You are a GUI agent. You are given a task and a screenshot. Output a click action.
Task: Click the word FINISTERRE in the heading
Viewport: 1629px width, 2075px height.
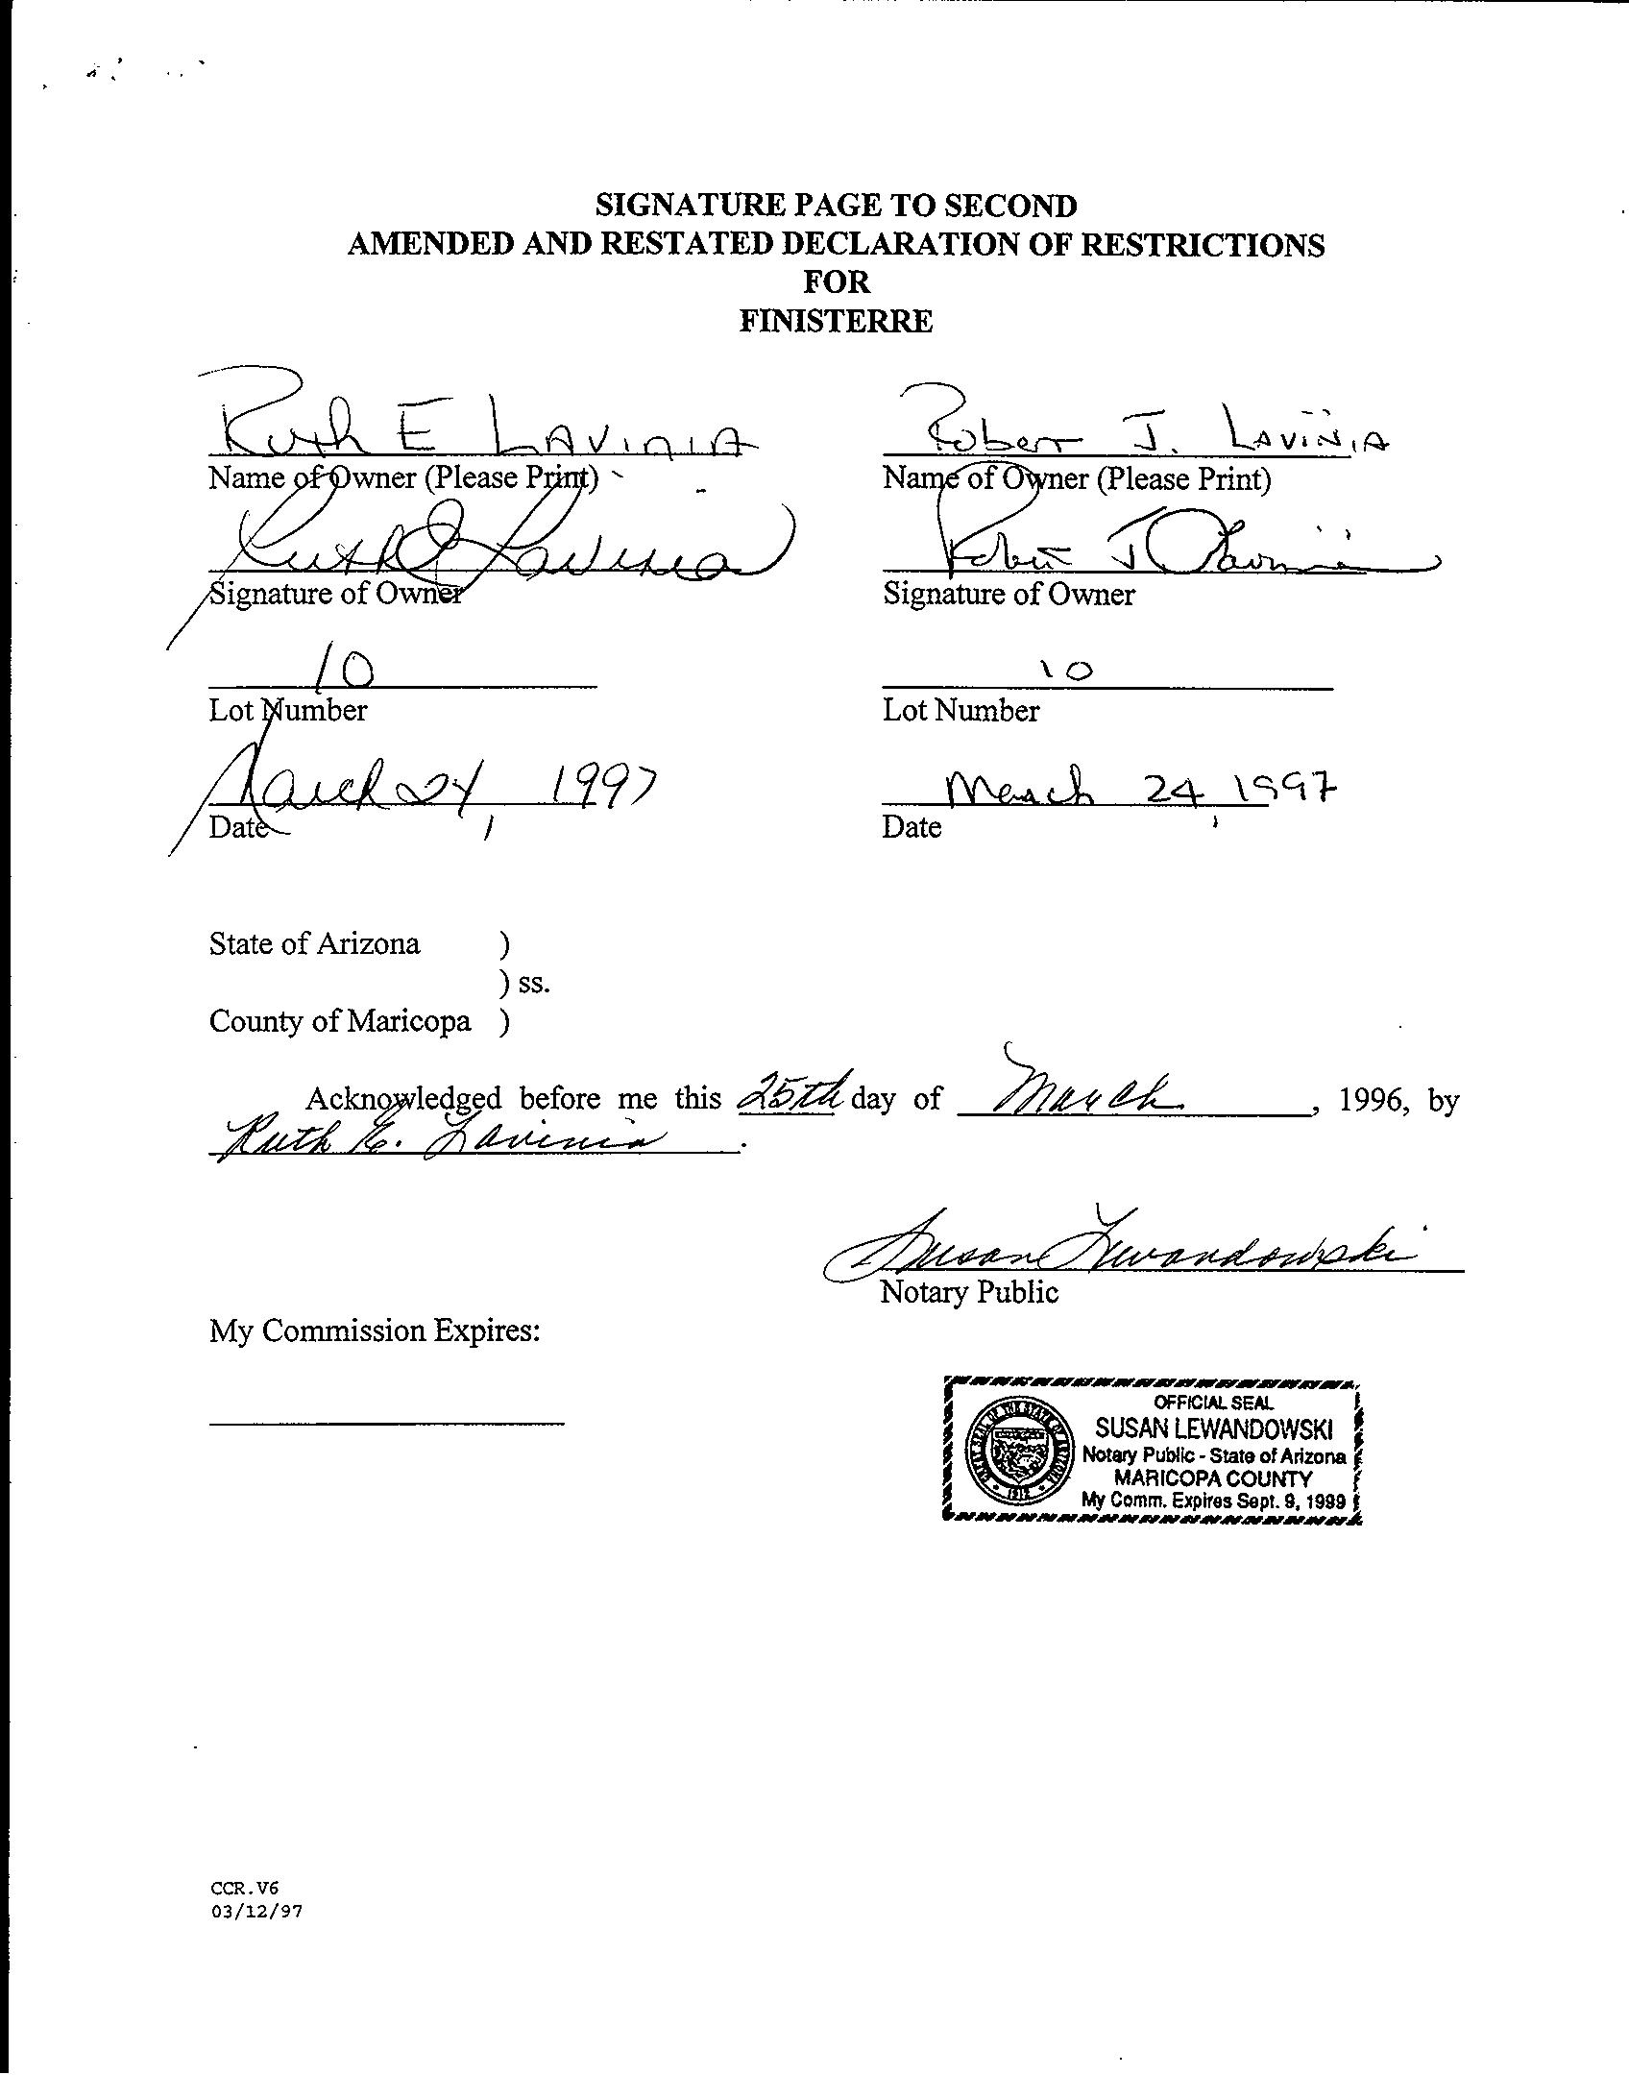tap(835, 321)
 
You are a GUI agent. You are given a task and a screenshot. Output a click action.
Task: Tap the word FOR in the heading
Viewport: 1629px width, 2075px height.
tap(835, 282)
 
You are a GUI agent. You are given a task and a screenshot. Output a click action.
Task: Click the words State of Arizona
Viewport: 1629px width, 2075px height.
tap(314, 944)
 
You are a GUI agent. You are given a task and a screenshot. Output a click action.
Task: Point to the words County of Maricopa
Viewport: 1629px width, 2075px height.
tap(340, 1021)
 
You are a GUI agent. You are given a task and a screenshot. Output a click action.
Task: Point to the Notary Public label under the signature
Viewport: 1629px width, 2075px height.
tap(969, 1292)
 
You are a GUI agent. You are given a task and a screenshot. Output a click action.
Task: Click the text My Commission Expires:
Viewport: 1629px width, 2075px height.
tap(375, 1331)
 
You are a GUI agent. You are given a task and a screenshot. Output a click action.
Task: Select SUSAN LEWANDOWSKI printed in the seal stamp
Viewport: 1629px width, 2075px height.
tap(1214, 1429)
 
